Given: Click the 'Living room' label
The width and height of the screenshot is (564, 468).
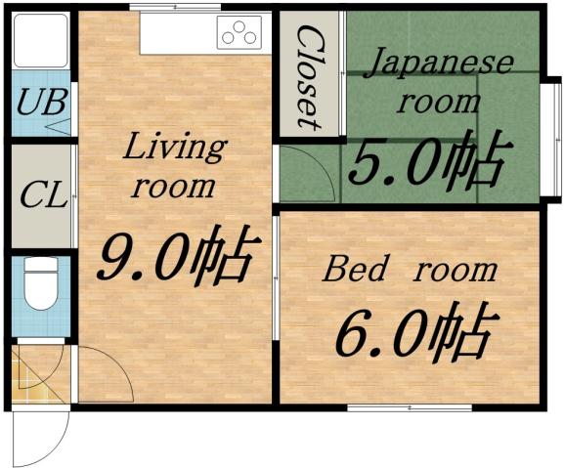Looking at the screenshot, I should point(173,165).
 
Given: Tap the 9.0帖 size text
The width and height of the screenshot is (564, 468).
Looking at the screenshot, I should point(176,258).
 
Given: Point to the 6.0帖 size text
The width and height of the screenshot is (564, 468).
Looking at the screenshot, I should point(412,332).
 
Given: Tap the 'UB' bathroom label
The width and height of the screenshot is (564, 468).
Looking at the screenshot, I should point(40,102).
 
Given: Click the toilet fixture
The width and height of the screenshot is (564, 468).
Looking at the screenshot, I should point(41,283).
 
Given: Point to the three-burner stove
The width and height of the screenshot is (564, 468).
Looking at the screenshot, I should point(240,35).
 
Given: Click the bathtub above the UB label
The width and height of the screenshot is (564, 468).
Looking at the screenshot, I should point(40,41).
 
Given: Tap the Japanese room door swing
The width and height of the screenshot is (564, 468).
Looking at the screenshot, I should point(308,174).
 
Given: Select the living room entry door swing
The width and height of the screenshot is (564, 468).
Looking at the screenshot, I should point(104,374).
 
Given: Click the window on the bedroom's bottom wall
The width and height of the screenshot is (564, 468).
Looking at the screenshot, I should point(396,407).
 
